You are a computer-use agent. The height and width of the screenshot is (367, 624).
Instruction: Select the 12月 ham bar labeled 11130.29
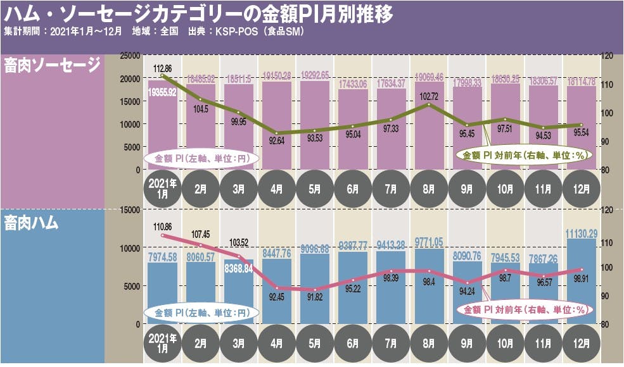[581, 278]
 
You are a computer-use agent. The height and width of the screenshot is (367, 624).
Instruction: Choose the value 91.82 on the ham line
[315, 297]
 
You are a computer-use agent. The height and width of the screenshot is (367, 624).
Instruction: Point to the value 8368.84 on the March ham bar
[239, 268]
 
